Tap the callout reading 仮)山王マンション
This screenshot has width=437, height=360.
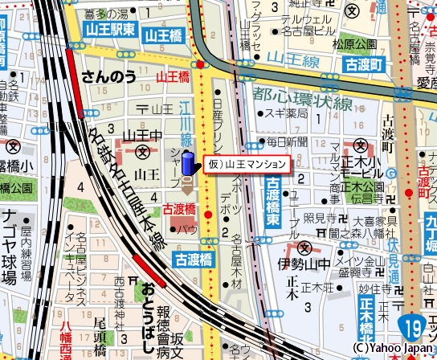pos(247,163)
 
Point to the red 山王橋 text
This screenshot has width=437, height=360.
pos(172,77)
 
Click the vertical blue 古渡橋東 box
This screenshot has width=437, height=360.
pos(272,202)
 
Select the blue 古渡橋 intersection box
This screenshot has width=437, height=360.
pos(193,259)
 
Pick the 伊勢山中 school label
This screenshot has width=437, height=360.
pos(304,263)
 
